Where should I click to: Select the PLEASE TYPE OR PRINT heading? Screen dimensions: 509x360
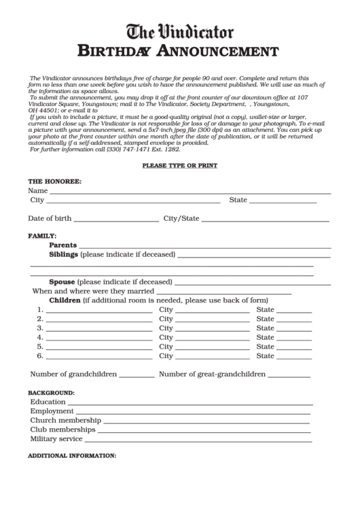tap(179, 166)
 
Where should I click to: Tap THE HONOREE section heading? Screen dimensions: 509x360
tap(54, 182)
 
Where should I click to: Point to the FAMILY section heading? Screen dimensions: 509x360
tap(42, 235)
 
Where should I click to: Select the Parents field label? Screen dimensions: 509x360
tap(62, 245)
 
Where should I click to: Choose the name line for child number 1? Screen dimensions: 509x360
tap(99, 311)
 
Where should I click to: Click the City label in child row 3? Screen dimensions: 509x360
tap(166, 328)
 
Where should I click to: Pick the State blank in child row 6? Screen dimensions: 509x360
tap(294, 357)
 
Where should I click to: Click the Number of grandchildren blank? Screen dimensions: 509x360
tap(137, 376)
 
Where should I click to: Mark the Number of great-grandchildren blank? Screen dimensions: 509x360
tap(289, 376)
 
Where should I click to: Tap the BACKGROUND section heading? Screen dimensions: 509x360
tap(51, 393)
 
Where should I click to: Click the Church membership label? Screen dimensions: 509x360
tap(65, 421)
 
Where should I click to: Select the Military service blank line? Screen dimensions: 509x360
tap(198, 440)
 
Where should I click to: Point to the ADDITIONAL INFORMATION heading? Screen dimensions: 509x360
tap(72, 455)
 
